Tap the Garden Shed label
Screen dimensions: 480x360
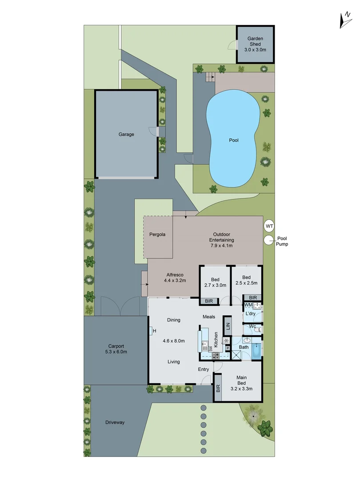point(255,44)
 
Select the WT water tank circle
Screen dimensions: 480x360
point(269,226)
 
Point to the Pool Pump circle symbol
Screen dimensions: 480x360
point(268,240)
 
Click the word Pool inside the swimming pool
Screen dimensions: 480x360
point(234,140)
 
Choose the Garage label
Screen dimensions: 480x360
point(126,134)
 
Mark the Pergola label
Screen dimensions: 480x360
point(158,234)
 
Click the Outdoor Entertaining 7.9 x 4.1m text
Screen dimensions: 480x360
point(221,240)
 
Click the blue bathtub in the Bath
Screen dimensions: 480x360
point(257,351)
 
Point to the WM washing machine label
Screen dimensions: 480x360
point(248,304)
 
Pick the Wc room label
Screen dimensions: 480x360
point(252,327)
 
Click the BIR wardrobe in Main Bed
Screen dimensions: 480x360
point(218,388)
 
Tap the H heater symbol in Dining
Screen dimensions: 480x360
point(154,331)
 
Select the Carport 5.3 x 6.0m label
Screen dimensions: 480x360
point(116,349)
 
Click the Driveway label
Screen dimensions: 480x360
point(115,422)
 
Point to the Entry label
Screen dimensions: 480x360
point(204,369)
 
